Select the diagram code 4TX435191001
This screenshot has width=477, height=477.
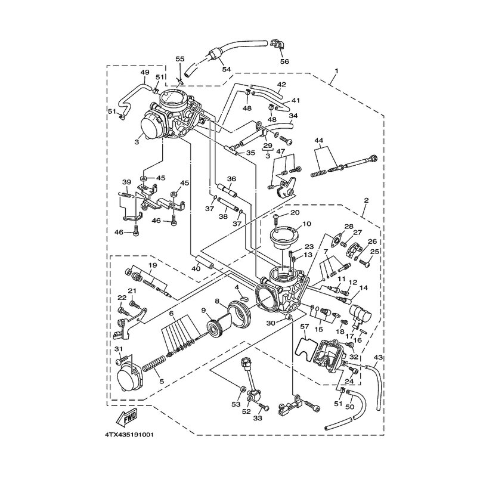coord(129,435)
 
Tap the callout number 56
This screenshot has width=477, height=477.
coord(284,61)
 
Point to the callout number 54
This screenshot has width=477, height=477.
coord(227,69)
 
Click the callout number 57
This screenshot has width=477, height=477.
coord(305,327)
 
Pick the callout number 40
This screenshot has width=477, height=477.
coord(196,269)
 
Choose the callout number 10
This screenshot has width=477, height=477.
coord(307,224)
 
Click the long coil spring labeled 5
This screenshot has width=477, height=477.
coord(153,367)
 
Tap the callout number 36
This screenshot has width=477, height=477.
coord(231,179)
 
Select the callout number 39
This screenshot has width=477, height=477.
coord(126,182)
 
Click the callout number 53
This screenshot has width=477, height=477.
coord(236,404)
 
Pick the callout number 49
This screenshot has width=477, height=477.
coord(145,72)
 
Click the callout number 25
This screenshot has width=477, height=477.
coord(375,252)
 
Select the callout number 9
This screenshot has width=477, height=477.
coord(203,310)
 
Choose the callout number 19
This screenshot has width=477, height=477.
coord(153,265)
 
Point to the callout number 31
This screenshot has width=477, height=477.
coord(119,349)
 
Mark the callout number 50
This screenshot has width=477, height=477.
coord(350,407)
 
